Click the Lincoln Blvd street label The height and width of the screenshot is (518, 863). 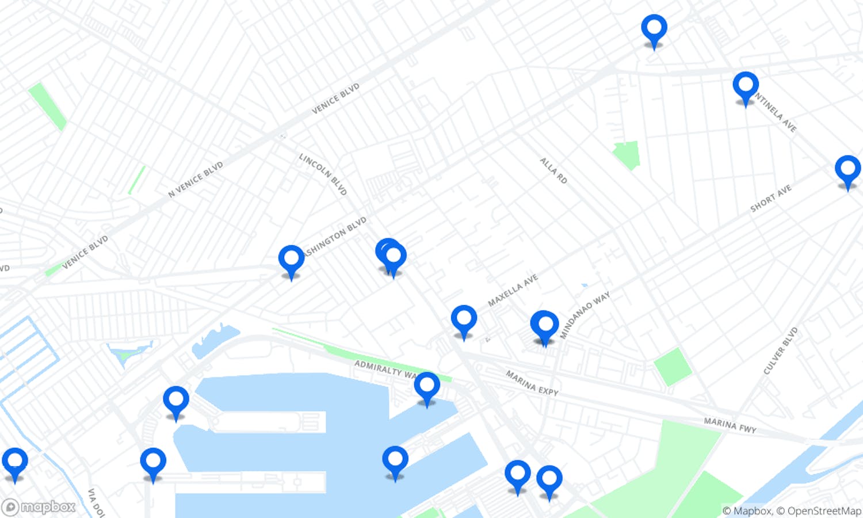[323, 174]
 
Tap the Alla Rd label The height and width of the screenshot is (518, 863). [553, 171]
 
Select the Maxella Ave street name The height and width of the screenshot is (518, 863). [513, 290]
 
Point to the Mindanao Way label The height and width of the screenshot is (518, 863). [585, 315]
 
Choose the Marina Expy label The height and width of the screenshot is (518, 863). [532, 383]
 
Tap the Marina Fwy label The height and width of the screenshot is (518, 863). [730, 425]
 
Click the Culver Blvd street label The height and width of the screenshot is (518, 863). [781, 351]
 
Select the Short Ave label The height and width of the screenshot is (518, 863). [770, 199]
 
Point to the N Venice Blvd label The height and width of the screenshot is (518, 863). [196, 180]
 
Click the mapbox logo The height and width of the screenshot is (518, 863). [39, 507]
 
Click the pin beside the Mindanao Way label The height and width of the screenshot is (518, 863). [544, 326]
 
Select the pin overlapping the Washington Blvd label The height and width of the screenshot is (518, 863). [291, 260]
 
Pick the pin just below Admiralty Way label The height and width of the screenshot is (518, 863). [427, 387]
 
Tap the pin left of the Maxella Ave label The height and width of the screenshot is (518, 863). [464, 320]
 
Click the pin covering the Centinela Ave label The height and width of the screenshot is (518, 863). [745, 86]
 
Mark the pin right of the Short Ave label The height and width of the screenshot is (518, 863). [847, 170]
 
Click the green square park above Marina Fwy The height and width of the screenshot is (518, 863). [673, 366]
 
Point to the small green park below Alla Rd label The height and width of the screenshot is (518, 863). [628, 154]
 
